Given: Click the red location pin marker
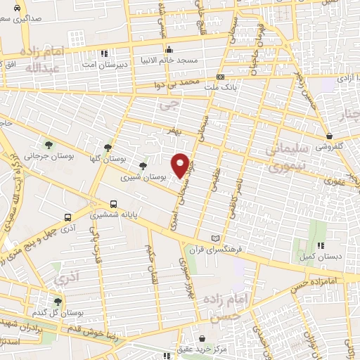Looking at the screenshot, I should click(x=181, y=165).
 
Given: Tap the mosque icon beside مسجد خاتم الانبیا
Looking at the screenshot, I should click(x=169, y=51).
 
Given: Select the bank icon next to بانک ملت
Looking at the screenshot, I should click(x=220, y=77).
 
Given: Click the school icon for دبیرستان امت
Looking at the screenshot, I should click(x=104, y=53).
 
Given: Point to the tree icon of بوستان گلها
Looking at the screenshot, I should click(x=108, y=148).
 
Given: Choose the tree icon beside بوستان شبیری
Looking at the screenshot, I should click(x=143, y=166).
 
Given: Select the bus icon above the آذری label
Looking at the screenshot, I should click(x=67, y=217).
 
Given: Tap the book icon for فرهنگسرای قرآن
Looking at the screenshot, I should click(x=224, y=239).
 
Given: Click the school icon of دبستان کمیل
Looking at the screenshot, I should click(x=320, y=245).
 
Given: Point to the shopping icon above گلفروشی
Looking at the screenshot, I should click(x=329, y=136).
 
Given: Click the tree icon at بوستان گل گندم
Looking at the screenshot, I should click(x=57, y=301).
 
